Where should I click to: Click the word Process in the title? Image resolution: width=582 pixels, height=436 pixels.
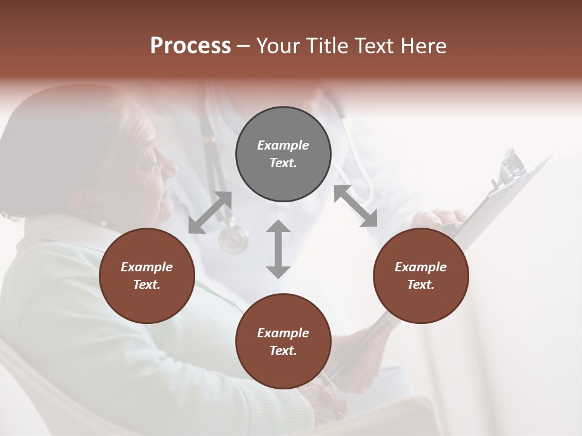point(190,46)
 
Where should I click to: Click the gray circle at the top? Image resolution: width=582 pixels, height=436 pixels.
point(283,154)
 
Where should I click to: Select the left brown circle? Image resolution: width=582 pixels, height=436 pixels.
point(147,276)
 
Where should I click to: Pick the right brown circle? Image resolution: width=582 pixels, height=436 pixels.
point(421,276)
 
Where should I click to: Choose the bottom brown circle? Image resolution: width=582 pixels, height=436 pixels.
point(283,342)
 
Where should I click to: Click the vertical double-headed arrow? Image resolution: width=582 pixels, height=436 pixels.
point(278,249)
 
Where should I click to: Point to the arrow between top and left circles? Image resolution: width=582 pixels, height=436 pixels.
point(210,213)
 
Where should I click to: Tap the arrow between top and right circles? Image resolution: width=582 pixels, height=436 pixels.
point(355,206)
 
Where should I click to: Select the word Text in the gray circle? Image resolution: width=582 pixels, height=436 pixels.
point(283,163)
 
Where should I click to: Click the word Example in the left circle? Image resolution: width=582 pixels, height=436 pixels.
point(147,267)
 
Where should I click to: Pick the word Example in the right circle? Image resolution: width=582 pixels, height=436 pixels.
point(421,267)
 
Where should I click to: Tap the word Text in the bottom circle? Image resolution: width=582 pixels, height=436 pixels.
point(283,351)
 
